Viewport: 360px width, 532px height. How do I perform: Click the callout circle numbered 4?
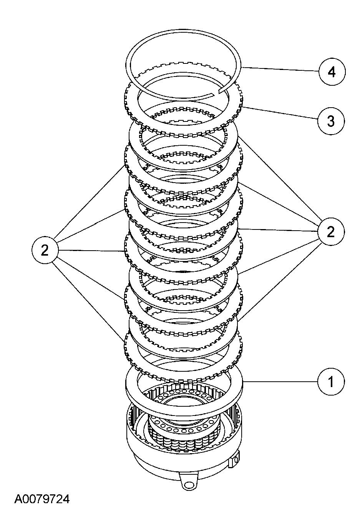[332, 72]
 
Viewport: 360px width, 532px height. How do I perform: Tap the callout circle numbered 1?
[331, 382]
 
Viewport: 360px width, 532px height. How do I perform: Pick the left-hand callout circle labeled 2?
[45, 251]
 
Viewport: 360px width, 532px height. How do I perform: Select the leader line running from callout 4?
[280, 70]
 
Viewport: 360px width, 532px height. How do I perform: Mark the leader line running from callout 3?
[280, 114]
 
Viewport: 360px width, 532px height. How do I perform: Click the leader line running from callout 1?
[280, 382]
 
